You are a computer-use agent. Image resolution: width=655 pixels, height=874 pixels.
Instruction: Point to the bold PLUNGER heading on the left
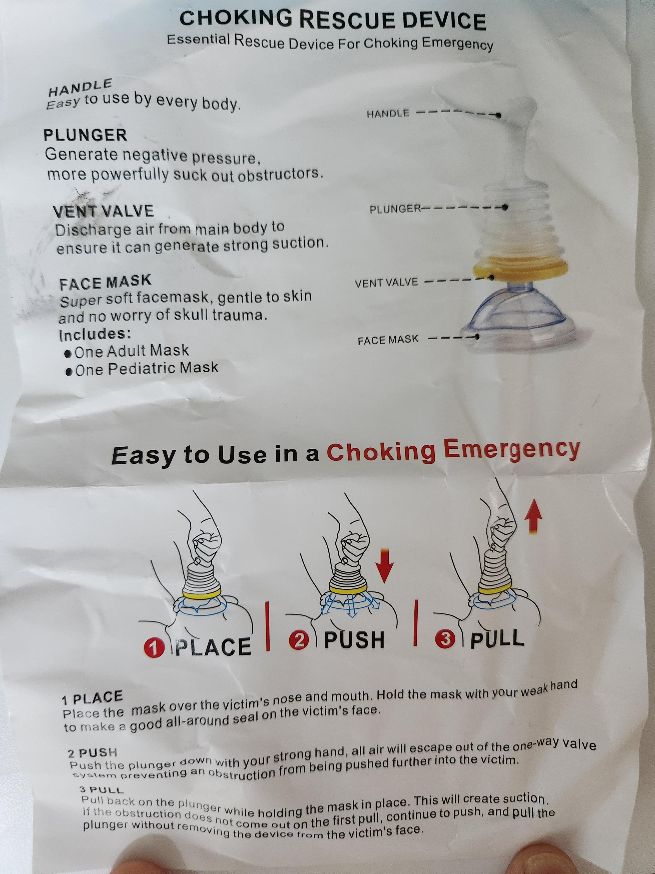click(85, 135)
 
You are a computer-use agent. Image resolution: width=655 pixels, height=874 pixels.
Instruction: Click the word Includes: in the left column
click(95, 335)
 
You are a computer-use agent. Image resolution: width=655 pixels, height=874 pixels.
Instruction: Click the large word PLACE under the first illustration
click(213, 647)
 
